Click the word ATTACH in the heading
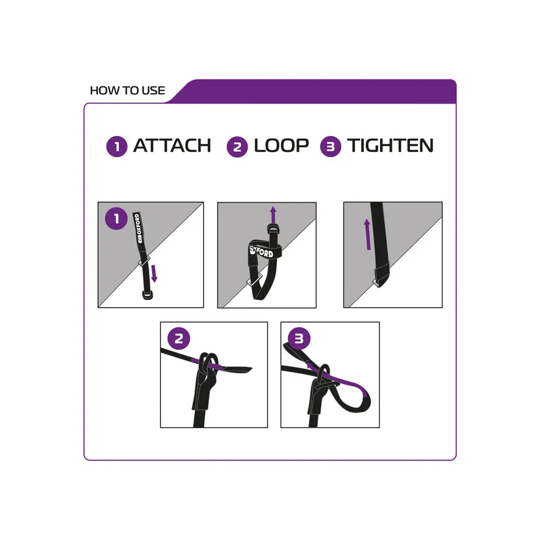[172, 145]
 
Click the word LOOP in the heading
[281, 145]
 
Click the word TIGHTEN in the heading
[390, 145]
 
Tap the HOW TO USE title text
[127, 91]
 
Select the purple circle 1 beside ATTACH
[117, 146]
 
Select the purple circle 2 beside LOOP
[237, 147]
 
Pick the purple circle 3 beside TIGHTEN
[330, 146]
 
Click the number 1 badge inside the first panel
[117, 218]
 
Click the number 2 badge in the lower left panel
[179, 338]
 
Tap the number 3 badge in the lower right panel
[299, 338]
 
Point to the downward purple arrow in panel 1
[154, 273]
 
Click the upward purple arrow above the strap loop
[273, 214]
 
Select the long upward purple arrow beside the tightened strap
[367, 234]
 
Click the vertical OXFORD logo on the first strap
[138, 228]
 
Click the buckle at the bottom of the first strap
[147, 295]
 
